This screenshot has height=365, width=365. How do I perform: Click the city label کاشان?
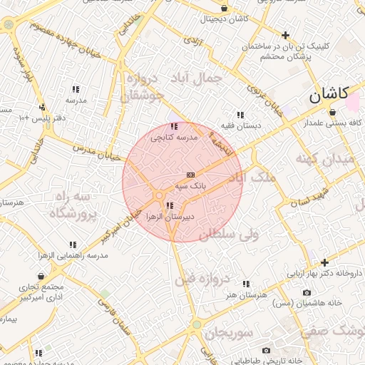(x=329, y=93)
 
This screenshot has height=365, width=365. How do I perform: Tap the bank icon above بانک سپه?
(x=190, y=175)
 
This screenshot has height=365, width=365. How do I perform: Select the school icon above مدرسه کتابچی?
(x=175, y=126)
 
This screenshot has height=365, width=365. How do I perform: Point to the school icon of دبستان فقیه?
(x=240, y=115)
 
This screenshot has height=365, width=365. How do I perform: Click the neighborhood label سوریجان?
(x=229, y=333)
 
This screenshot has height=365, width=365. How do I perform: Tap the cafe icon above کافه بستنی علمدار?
(x=332, y=111)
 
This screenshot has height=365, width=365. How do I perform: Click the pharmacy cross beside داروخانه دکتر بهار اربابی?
(x=325, y=262)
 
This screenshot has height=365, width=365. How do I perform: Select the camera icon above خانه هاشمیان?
(x=307, y=292)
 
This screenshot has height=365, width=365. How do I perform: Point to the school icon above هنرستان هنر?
(x=246, y=284)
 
